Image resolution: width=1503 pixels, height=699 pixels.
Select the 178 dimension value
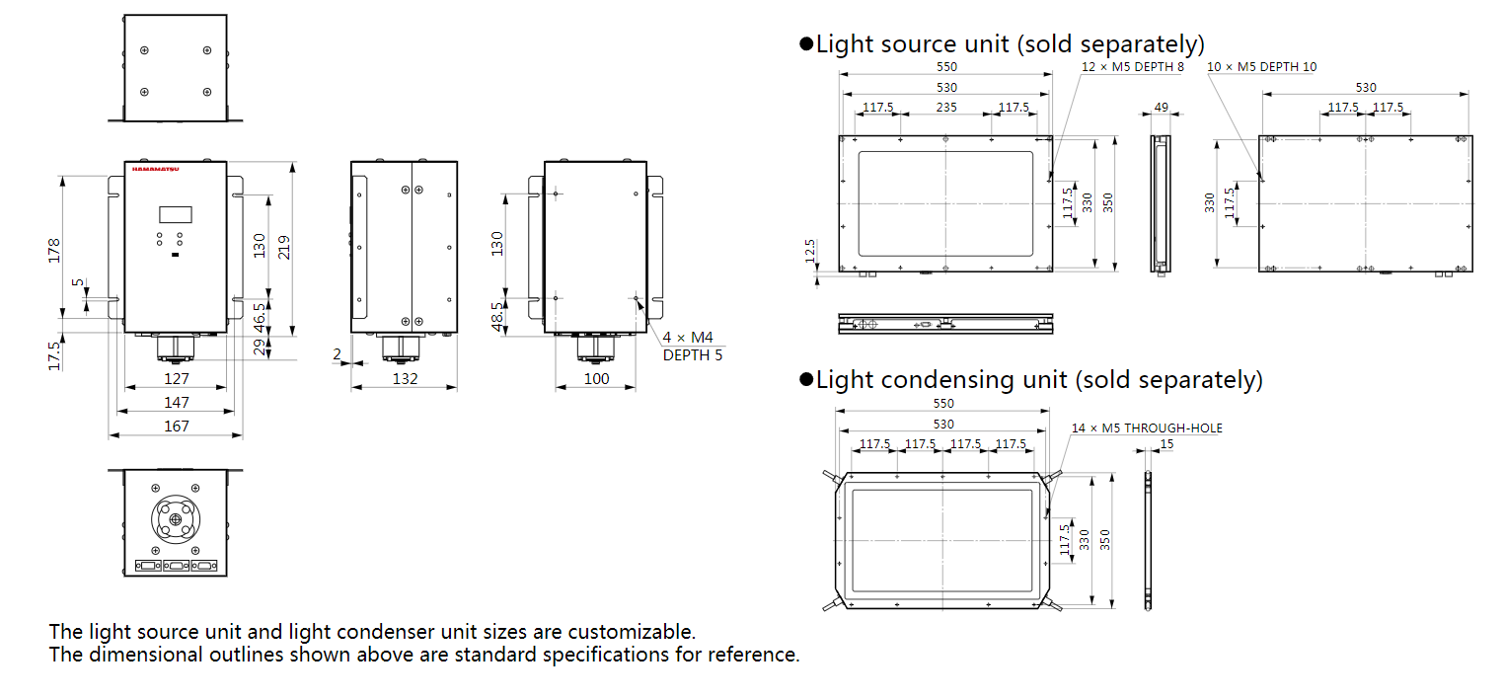[x=54, y=250]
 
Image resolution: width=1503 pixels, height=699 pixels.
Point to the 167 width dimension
[x=176, y=427]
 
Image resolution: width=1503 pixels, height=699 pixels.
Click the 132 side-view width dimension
[x=405, y=379]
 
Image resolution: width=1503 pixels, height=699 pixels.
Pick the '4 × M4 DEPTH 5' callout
[x=692, y=347]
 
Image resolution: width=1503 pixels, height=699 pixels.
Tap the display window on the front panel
[x=175, y=214]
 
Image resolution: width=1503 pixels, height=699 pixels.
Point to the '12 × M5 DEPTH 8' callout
[x=1133, y=67]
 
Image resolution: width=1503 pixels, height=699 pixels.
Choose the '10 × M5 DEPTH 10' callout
[x=1261, y=67]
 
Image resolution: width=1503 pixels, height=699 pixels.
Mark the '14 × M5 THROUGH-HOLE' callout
[x=1147, y=428]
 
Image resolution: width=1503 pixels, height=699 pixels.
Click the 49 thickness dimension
[x=1161, y=108]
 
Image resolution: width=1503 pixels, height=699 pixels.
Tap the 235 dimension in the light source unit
[x=945, y=108]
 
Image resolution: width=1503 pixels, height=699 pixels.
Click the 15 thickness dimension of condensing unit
[x=1167, y=444]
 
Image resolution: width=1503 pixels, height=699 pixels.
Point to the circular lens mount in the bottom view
[x=175, y=519]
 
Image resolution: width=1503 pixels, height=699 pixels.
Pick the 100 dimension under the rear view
[x=596, y=379]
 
